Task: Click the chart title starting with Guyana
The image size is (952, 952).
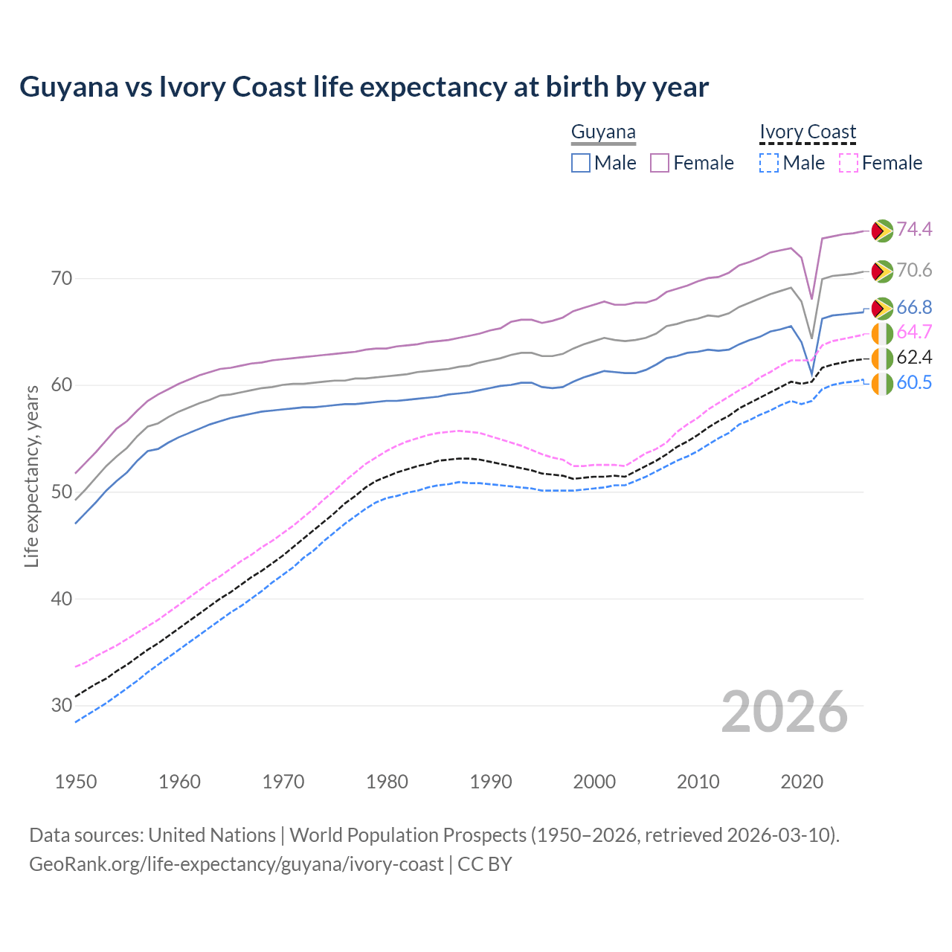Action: pos(364,87)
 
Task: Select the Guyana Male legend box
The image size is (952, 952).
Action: pos(581,163)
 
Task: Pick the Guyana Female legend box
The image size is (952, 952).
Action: pos(660,163)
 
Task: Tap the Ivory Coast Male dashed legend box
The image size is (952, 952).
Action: pos(769,163)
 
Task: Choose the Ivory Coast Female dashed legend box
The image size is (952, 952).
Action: pos(849,163)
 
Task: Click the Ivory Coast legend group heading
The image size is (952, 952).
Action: pos(808,132)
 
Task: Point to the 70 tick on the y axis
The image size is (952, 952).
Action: pos(62,279)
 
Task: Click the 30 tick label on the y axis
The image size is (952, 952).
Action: pos(62,705)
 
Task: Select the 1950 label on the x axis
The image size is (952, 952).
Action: pos(76,782)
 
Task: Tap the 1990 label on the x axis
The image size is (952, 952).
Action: pos(491,782)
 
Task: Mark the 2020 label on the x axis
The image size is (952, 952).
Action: pos(802,782)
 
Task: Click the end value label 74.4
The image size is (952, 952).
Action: pos(914,230)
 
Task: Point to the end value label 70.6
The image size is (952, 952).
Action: pos(914,271)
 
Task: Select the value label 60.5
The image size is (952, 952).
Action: pos(914,383)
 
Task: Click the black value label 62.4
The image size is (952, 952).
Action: pos(914,358)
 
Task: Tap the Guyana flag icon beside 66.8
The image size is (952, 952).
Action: pos(882,308)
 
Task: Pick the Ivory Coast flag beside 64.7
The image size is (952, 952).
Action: pos(882,333)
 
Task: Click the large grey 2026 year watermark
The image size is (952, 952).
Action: pos(785,712)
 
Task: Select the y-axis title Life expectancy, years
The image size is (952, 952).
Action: pos(31,476)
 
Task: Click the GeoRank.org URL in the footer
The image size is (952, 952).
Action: pos(236,864)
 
